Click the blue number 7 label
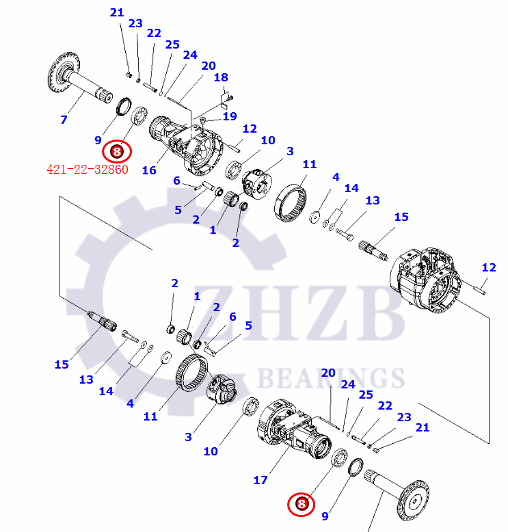[64, 120]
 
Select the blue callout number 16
[149, 170]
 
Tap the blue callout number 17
[260, 480]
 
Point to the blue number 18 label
[221, 78]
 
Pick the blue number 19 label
[229, 117]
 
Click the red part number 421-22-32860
[87, 170]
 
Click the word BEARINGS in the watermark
[330, 377]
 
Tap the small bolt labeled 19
[203, 122]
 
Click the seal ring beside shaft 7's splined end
[123, 107]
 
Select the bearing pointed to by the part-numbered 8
[142, 116]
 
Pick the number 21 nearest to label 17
[423, 428]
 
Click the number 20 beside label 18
[208, 66]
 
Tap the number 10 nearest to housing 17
[210, 451]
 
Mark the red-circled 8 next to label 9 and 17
[301, 505]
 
